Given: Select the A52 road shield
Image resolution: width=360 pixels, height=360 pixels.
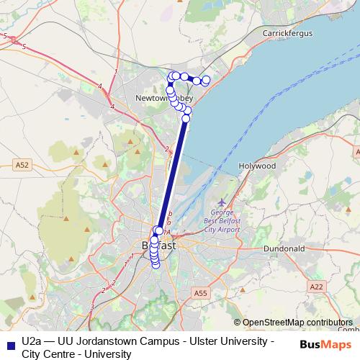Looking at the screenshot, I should tap(23, 164).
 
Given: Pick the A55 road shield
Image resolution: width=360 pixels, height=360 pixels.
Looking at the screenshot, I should tap(200, 292).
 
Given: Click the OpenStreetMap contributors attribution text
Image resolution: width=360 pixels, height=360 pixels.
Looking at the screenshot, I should tap(297, 323).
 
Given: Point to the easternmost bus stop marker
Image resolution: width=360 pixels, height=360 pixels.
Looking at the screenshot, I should tap(207, 80).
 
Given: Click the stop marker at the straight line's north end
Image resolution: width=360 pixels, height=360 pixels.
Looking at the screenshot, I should tap(186, 118).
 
